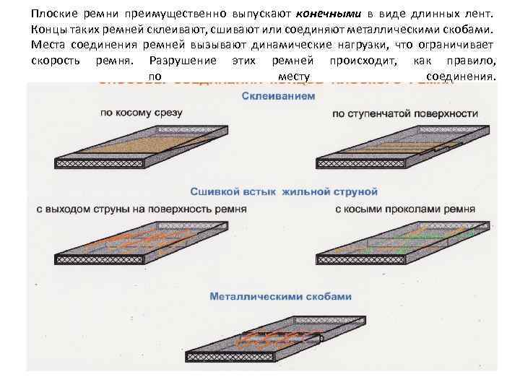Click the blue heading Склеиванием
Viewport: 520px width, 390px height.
pos(278,96)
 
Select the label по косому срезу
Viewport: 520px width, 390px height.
pos(141,113)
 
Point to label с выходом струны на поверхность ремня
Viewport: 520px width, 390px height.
pos(142,209)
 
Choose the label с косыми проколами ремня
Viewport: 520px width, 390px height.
pos(406,209)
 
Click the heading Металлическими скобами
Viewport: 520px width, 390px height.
pos(281,296)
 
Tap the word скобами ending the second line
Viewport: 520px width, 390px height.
pos(469,30)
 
